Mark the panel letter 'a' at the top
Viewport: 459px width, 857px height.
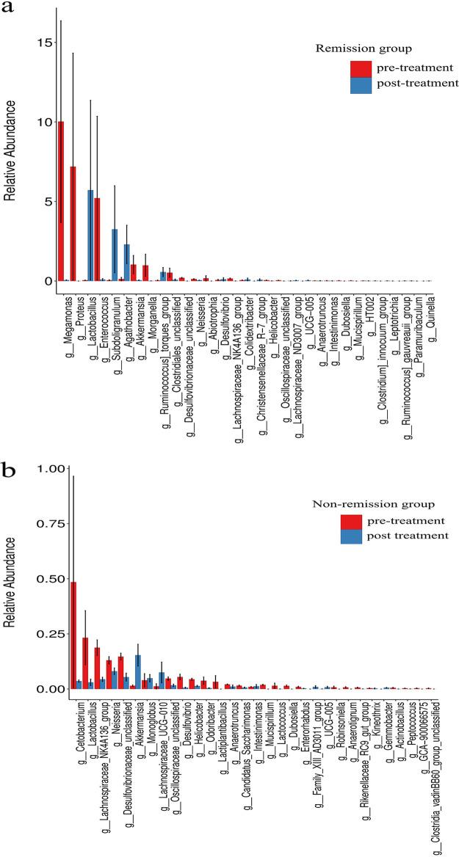click(10, 12)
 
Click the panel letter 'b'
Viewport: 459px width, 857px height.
click(11, 471)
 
